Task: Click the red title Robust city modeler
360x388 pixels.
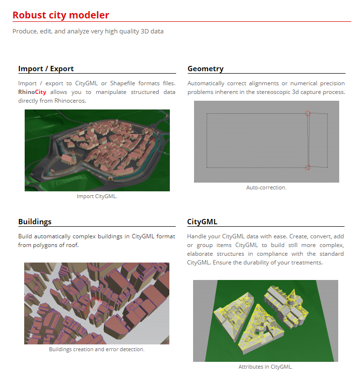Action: [61, 15]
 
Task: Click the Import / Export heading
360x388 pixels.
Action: [46, 68]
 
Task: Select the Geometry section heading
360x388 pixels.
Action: [205, 68]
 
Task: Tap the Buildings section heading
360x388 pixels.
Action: [35, 222]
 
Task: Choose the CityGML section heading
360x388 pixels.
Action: [202, 222]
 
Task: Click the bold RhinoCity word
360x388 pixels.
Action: [32, 92]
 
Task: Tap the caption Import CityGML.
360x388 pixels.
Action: [97, 196]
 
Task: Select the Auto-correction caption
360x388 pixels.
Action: [266, 187]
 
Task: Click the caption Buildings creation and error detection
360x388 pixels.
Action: [97, 349]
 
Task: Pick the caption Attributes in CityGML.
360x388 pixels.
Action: [266, 367]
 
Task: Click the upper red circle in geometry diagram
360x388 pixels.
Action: [308, 113]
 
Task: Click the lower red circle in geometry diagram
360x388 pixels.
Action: [308, 167]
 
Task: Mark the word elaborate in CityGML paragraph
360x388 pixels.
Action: [201, 254]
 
